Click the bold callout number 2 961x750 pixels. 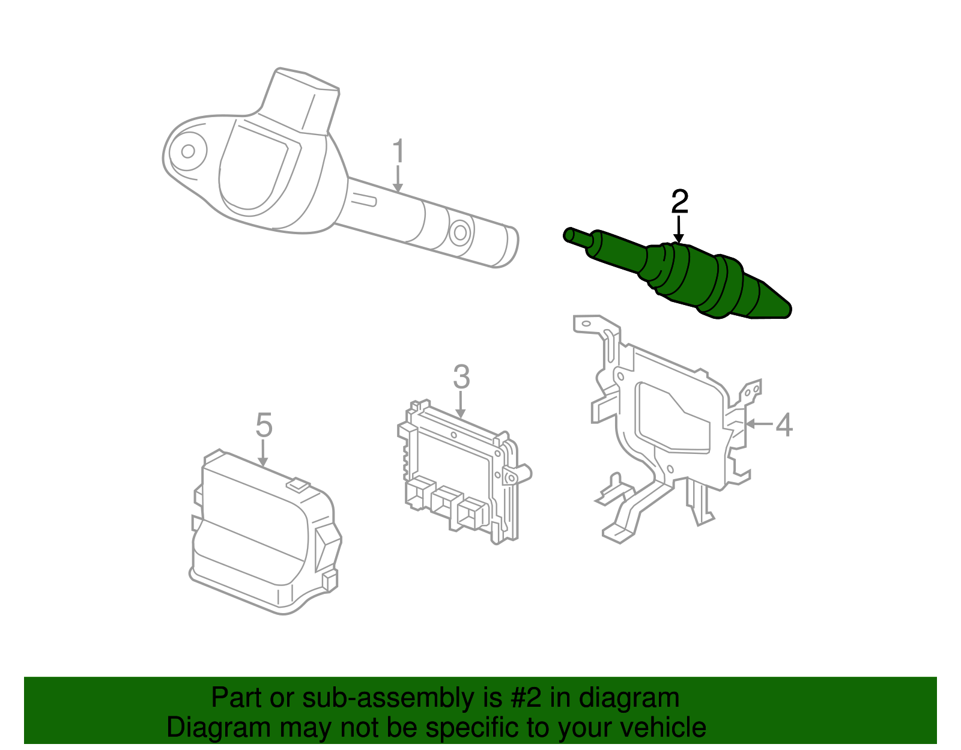[x=679, y=202]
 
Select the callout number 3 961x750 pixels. [x=461, y=377]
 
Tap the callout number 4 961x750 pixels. [x=784, y=425]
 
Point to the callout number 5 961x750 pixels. [x=264, y=425]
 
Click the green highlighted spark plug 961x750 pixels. [x=691, y=273]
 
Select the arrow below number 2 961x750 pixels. [x=679, y=231]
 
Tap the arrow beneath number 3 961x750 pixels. [x=461, y=405]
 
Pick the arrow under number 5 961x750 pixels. [x=263, y=453]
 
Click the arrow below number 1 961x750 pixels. [x=398, y=180]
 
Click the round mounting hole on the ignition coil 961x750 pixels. [x=188, y=151]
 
